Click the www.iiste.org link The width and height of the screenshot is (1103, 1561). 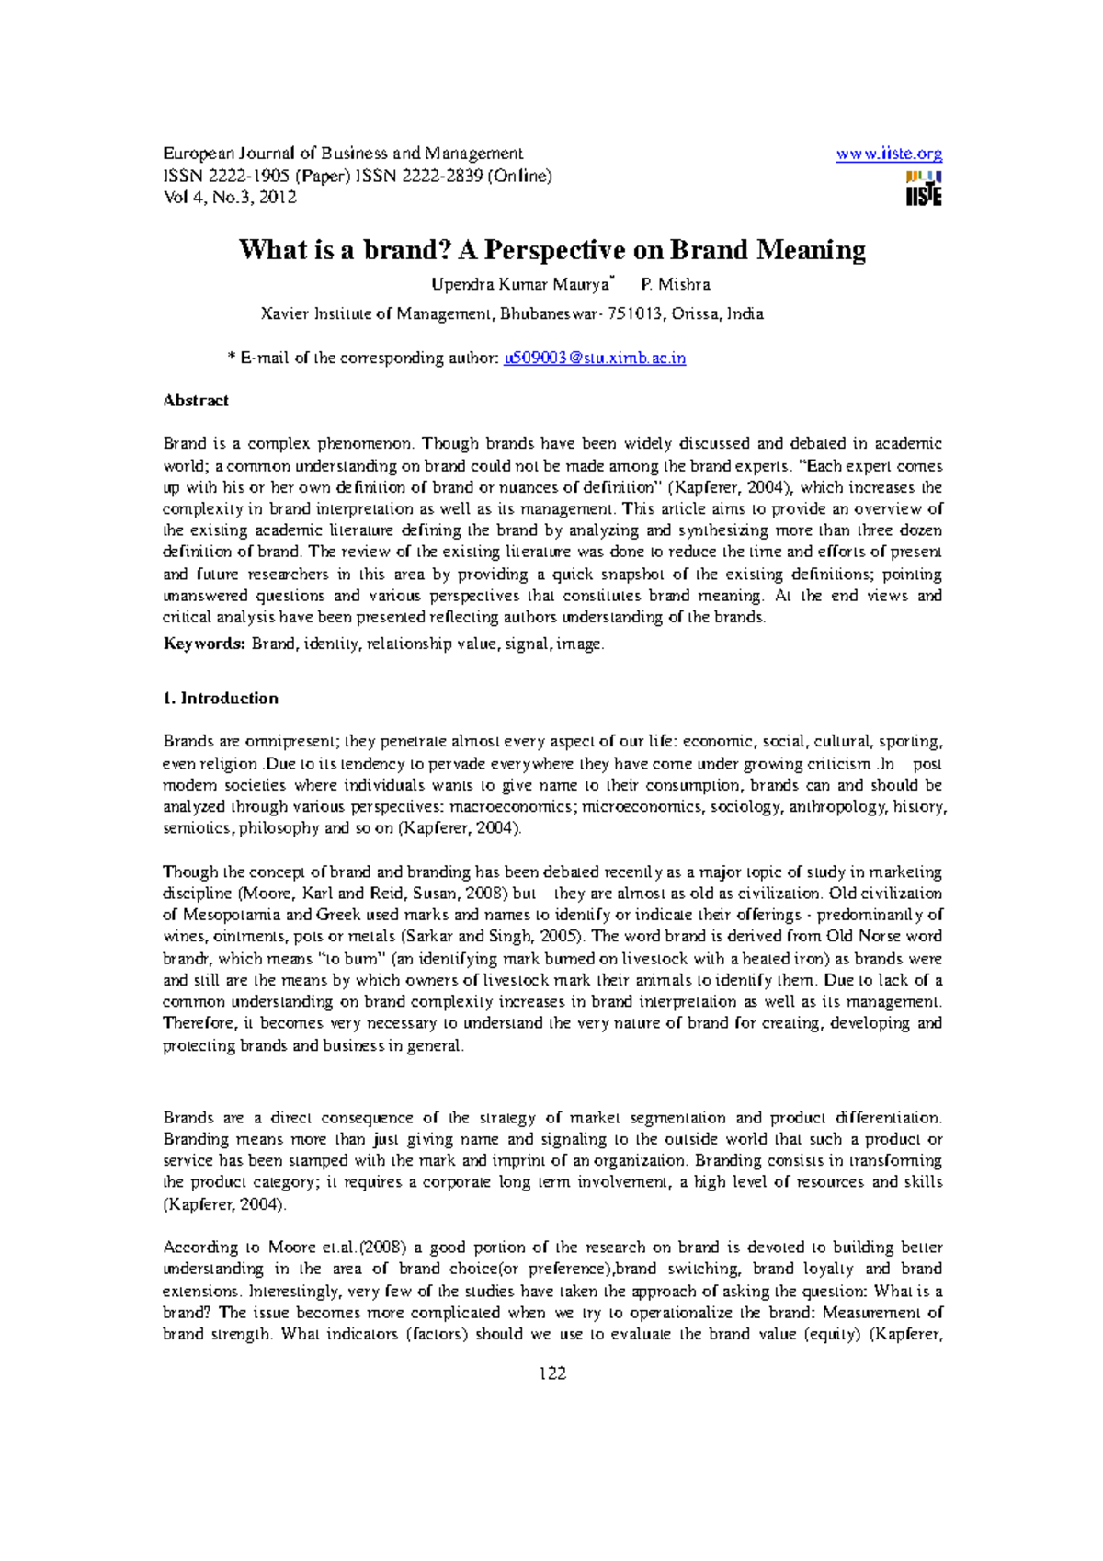coord(888,154)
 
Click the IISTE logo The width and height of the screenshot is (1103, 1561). coord(923,188)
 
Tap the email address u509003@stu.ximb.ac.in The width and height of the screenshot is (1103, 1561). coord(595,359)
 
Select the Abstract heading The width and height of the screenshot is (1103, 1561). coord(196,401)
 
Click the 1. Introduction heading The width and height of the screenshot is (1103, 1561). coord(221,699)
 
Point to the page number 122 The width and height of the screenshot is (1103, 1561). coord(552,1373)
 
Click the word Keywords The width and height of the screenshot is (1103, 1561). coord(203,644)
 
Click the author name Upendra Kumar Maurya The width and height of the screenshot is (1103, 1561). coord(519,284)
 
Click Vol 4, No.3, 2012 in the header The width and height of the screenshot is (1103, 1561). coord(229,198)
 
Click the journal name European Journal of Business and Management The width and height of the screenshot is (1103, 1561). coord(343,154)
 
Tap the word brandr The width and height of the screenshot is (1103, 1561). coord(186,959)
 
